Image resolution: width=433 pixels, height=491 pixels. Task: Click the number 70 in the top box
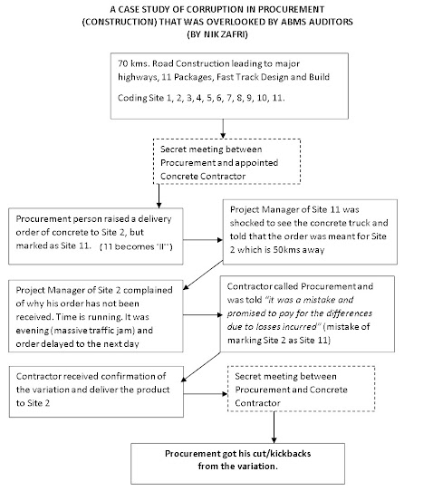[122, 63]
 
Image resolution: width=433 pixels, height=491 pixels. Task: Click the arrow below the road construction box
[223, 129]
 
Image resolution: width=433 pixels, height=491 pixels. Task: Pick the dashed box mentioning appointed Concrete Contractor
[226, 161]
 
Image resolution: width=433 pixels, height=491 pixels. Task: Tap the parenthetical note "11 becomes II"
[136, 246]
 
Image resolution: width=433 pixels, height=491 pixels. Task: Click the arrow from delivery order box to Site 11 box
[203, 240]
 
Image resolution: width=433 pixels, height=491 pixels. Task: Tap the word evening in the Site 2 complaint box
[33, 331]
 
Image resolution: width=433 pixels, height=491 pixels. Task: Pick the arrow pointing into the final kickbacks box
[274, 427]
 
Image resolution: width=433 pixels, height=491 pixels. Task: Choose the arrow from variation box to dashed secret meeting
[206, 393]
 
